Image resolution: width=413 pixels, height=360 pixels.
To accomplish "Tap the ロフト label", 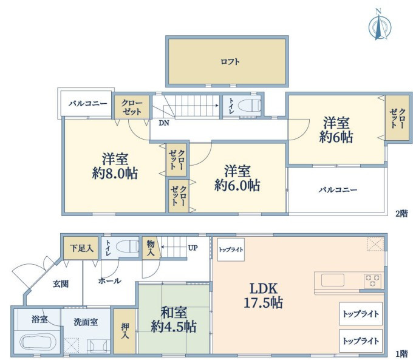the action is pyautogui.click(x=230, y=62).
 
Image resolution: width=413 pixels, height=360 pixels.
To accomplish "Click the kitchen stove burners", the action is pyautogui.click(x=372, y=280).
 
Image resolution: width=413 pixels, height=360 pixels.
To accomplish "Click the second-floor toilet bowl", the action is pyautogui.click(x=249, y=106).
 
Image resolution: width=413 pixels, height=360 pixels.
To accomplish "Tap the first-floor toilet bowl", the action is pyautogui.click(x=127, y=247).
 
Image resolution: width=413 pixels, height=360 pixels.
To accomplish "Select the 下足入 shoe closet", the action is pyautogui.click(x=81, y=248).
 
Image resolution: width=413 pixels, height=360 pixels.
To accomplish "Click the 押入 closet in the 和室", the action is pyautogui.click(x=125, y=331).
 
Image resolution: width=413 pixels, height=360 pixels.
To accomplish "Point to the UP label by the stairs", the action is pyautogui.click(x=193, y=248).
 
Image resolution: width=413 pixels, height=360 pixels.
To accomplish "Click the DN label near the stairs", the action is pyautogui.click(x=164, y=123).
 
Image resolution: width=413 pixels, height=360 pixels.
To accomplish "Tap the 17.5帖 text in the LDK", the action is pyautogui.click(x=263, y=302).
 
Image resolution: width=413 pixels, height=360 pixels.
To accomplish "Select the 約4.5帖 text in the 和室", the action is pyautogui.click(x=174, y=327).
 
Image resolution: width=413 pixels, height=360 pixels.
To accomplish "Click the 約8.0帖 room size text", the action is pyautogui.click(x=115, y=174).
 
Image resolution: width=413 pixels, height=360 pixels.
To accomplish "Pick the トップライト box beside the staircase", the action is pyautogui.click(x=231, y=250).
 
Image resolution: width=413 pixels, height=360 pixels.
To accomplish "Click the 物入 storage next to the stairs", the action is pyautogui.click(x=151, y=248).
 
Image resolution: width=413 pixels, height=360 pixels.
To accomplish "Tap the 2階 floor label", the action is pyautogui.click(x=401, y=213).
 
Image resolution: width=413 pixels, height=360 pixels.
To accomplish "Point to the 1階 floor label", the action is pyautogui.click(x=401, y=353).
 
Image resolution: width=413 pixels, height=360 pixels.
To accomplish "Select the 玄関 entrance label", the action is pyautogui.click(x=61, y=284).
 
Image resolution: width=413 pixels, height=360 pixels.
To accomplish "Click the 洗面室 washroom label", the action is pyautogui.click(x=86, y=322).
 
